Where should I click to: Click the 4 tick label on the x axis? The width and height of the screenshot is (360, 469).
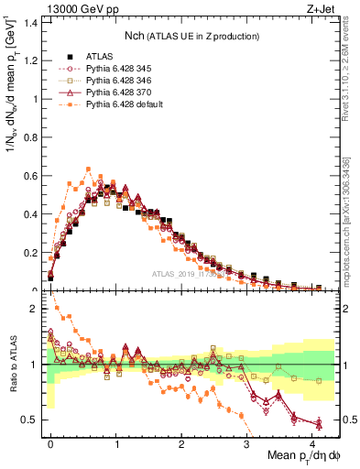(312, 443)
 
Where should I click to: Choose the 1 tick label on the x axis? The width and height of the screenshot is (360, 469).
(116, 443)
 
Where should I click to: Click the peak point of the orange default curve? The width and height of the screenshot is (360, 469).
(88, 169)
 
